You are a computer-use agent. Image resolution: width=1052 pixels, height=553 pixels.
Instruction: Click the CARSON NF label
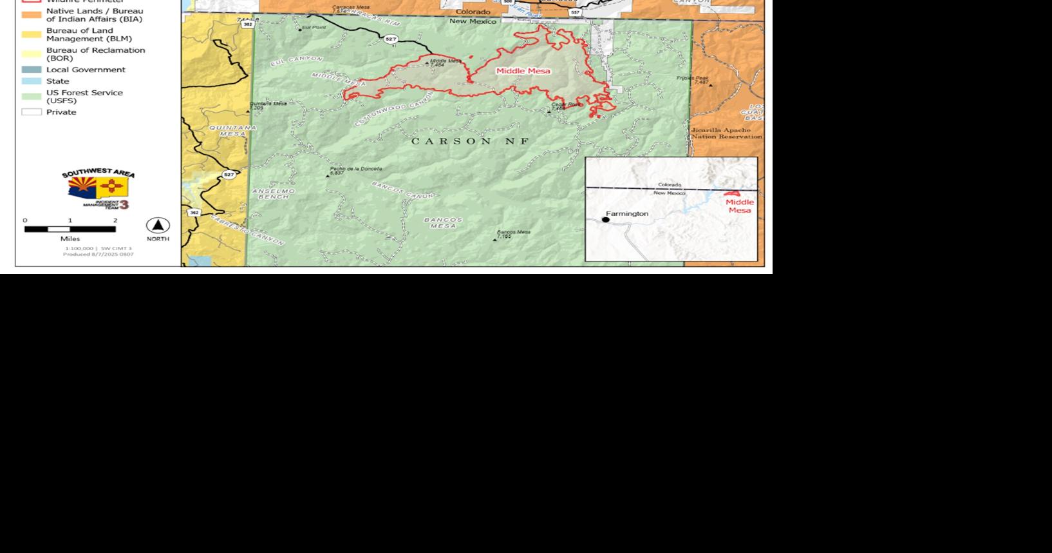coord(469,141)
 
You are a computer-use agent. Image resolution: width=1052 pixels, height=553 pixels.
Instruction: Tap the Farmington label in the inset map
coord(626,213)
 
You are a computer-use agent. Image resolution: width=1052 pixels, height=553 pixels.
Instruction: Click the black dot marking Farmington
coord(605,220)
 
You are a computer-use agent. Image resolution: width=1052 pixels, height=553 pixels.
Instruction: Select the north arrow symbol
coord(158,226)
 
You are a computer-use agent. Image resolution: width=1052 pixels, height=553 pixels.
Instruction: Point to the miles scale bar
coord(70,229)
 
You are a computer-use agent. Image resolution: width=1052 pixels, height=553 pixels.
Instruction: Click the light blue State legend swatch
coord(32,81)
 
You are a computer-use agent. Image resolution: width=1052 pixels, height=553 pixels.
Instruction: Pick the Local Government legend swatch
coord(32,70)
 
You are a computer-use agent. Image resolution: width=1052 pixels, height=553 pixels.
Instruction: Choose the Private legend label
coord(61,112)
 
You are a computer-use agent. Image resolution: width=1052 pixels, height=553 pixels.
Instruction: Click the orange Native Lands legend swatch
coord(32,15)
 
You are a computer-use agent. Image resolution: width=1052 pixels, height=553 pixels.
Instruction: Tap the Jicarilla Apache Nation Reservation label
coord(726,133)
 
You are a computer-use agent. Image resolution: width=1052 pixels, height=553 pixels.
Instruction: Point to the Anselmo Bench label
coord(274,193)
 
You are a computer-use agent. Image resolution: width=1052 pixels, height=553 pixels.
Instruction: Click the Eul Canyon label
coord(296,62)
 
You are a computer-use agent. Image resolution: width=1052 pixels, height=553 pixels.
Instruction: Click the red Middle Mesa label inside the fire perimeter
coord(523,71)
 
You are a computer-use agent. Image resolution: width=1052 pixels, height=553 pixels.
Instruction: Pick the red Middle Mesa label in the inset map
coord(740,206)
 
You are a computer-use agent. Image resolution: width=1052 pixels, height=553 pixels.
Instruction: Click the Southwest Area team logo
coord(98,189)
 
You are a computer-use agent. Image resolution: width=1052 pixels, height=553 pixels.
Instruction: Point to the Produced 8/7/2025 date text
coord(98,254)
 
